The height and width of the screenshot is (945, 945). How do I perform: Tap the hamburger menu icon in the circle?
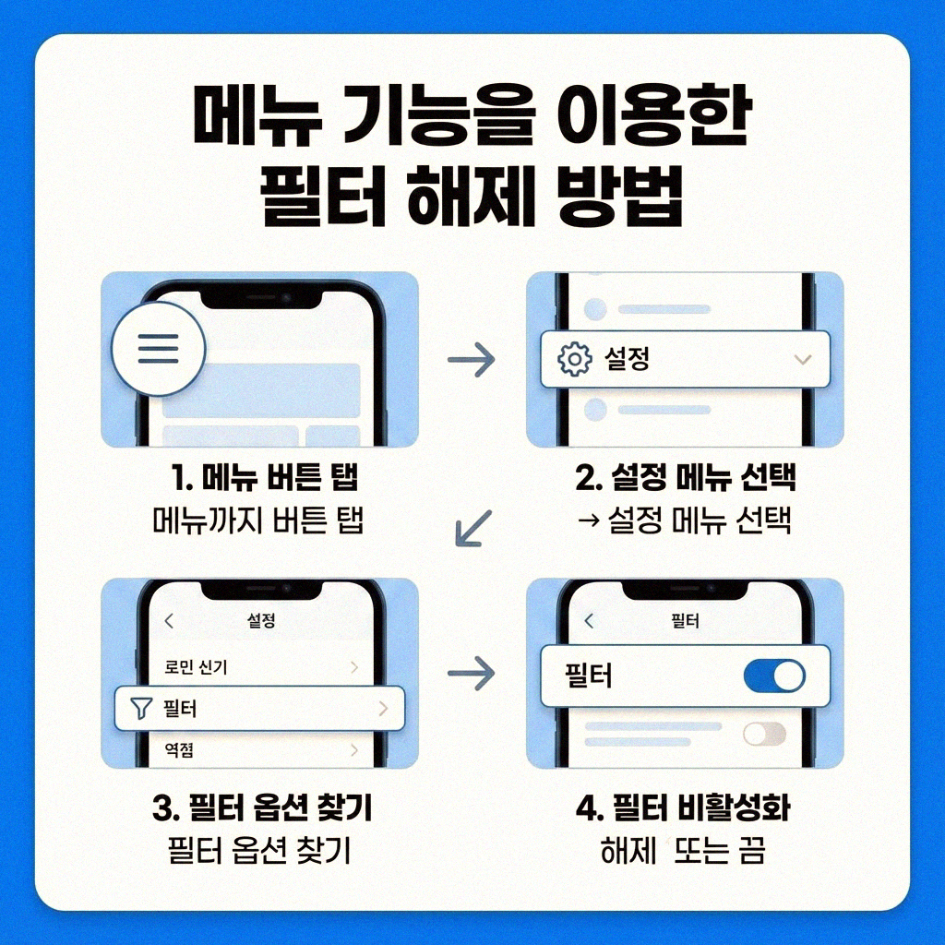[157, 349]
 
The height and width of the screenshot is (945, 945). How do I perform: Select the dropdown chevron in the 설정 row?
[802, 359]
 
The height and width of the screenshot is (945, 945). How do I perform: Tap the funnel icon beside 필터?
[139, 709]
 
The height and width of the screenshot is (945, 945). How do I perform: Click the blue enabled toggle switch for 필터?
[773, 676]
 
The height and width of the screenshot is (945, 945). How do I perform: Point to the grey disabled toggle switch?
[764, 734]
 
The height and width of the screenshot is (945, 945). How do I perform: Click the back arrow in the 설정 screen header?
[168, 621]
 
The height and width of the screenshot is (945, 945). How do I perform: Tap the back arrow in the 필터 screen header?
[590, 621]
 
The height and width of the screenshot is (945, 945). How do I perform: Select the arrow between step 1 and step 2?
[471, 360]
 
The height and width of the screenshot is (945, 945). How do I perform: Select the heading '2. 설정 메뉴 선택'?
[685, 479]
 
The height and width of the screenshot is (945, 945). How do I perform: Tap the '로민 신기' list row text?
[196, 667]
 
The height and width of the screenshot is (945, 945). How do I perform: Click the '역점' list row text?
[178, 751]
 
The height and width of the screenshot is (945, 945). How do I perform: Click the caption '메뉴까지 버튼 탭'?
[257, 520]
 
